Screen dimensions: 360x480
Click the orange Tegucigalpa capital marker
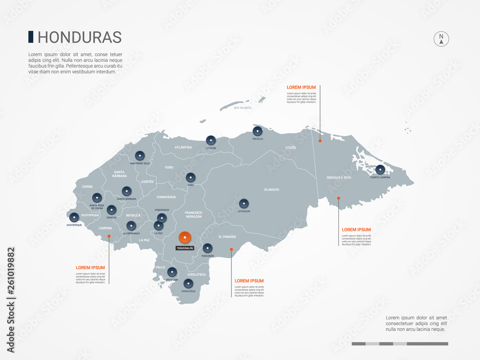(x=185, y=237)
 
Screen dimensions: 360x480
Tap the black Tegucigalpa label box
(x=185, y=249)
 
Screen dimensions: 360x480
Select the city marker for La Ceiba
(x=211, y=140)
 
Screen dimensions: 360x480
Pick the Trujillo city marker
(x=258, y=131)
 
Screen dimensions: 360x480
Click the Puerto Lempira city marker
(x=380, y=169)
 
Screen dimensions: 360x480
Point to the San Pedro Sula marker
(x=140, y=156)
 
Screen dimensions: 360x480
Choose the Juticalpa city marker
(x=244, y=203)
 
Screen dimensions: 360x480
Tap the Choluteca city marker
(x=188, y=284)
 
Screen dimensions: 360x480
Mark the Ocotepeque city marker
(x=74, y=217)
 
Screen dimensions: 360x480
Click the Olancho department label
(x=271, y=190)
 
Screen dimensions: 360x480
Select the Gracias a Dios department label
(x=339, y=178)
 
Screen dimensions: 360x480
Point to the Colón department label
(x=290, y=148)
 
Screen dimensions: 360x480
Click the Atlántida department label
(x=183, y=147)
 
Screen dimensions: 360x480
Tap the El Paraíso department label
(x=227, y=237)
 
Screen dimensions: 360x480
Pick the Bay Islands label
(x=243, y=108)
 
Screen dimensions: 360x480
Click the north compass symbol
(x=441, y=39)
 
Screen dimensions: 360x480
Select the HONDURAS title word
(x=79, y=37)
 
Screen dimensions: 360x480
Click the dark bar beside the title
(x=31, y=37)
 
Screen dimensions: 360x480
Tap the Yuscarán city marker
(x=207, y=248)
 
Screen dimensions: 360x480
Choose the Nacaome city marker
(x=172, y=272)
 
